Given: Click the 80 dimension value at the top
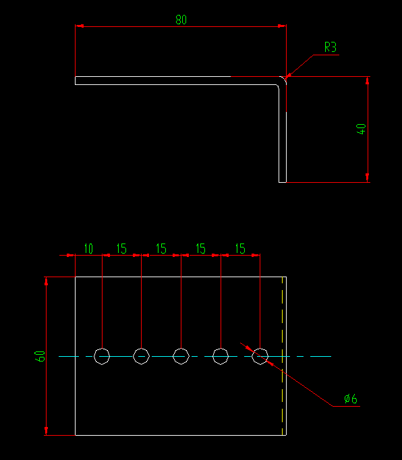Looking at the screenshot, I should [181, 20].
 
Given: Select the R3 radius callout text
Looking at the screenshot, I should [330, 47].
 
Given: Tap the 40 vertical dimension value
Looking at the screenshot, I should [362, 129].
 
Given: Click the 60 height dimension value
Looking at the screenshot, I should [40, 355].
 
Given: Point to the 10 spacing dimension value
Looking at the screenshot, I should [88, 249].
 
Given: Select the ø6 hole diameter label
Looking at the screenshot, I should [351, 399].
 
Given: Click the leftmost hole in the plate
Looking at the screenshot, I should [102, 355].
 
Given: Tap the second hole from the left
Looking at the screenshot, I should [141, 355].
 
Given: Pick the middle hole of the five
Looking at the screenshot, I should [181, 355].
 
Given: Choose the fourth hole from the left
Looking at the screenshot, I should [221, 355].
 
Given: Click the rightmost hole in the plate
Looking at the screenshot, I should [260, 355].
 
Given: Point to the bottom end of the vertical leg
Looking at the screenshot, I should [283, 181].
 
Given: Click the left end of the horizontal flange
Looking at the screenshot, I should [76, 80].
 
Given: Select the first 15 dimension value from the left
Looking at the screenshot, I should [121, 249].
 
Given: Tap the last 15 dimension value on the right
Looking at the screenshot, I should [240, 249].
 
